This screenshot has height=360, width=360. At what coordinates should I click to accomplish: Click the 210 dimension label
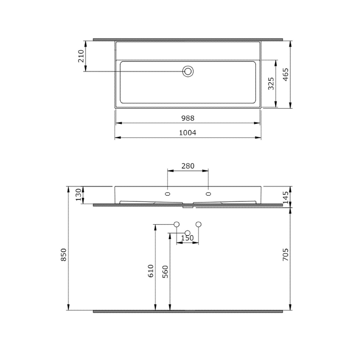click(81, 56)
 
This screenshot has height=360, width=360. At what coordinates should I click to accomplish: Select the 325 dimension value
click(271, 83)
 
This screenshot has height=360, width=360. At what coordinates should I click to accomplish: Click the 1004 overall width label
click(188, 133)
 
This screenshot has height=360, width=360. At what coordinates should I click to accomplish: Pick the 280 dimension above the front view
click(188, 166)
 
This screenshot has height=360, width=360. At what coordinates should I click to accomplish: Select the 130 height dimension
click(78, 195)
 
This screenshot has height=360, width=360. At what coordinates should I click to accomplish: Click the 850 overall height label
click(64, 255)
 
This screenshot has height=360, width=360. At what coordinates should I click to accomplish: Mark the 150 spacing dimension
click(187, 238)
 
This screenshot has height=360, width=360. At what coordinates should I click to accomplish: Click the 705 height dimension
click(286, 255)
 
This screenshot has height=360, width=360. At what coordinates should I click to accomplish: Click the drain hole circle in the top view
click(188, 71)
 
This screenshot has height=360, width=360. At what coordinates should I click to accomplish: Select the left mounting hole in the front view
click(167, 194)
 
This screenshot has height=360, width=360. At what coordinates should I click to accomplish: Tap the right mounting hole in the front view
click(208, 194)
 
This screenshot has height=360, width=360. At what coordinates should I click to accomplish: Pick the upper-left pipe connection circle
click(177, 224)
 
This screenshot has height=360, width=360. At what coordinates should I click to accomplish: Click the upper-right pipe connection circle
click(198, 224)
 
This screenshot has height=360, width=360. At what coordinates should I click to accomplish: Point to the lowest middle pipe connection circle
click(188, 233)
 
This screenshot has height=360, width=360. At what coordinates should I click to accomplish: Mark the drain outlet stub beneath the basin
click(188, 206)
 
